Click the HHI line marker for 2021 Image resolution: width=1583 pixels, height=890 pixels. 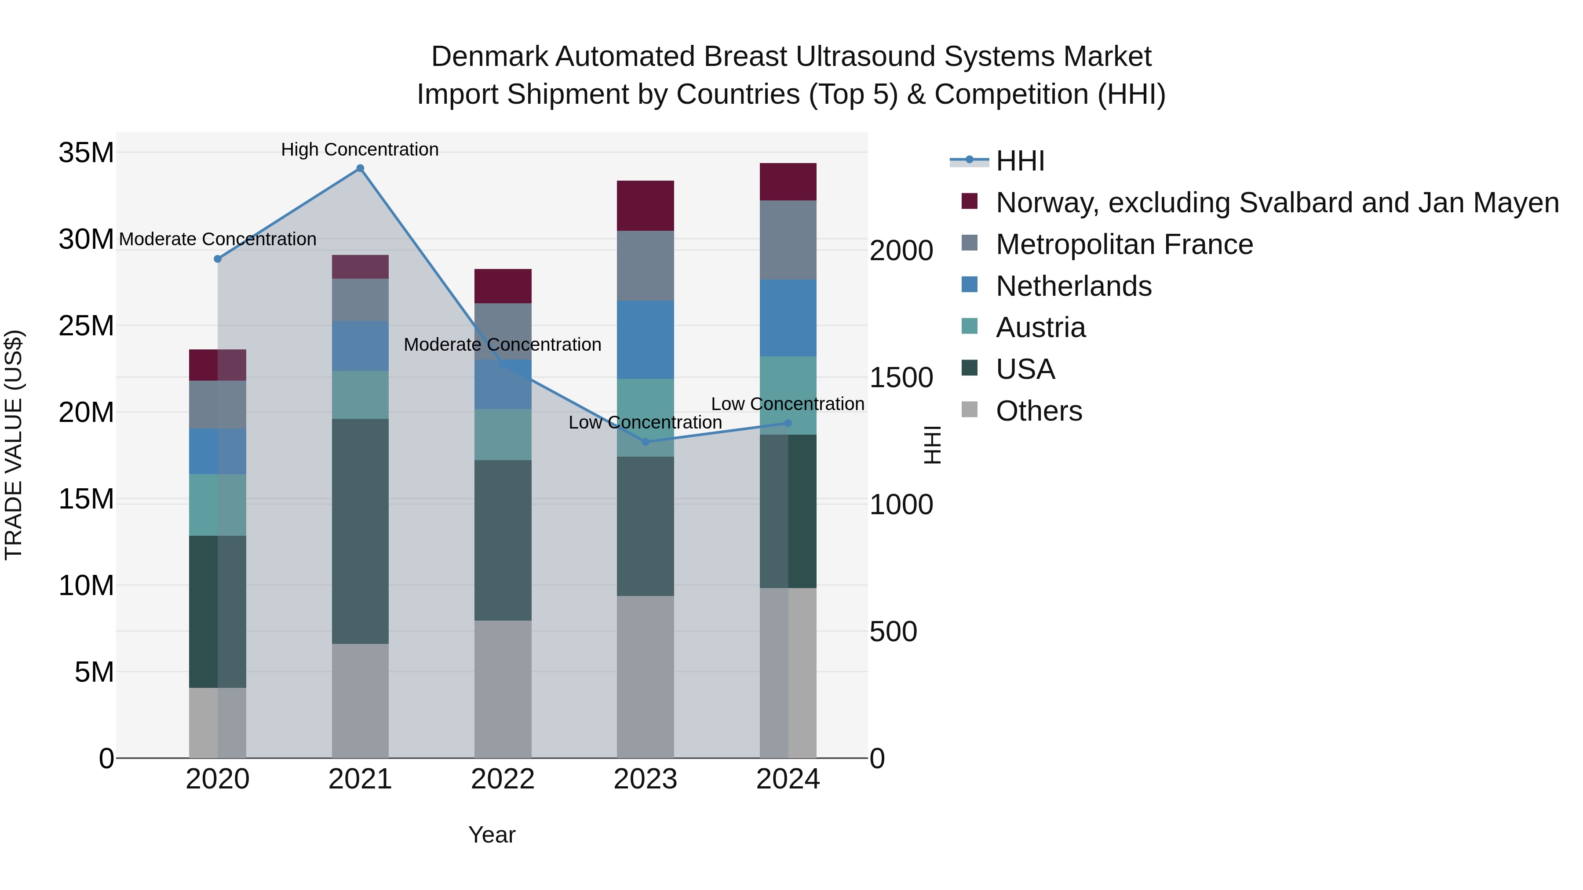point(360,168)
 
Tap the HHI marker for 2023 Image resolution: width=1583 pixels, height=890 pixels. point(645,442)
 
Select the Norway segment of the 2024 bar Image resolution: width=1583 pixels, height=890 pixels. point(788,182)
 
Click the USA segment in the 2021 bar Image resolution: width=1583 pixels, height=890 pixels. point(360,531)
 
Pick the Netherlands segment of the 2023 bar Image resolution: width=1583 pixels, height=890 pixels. point(645,340)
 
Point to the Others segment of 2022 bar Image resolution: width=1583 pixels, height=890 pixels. point(503,689)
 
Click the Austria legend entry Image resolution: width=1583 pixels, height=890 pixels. point(1040,327)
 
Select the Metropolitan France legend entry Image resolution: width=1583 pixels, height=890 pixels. point(1124,244)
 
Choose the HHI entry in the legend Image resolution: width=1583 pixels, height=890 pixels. point(1020,161)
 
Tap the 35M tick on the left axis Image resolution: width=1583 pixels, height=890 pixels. point(86,153)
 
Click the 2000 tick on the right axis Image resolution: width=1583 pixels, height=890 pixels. point(901,251)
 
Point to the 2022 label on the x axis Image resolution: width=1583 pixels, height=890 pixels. point(503,779)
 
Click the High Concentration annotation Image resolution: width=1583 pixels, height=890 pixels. point(360,149)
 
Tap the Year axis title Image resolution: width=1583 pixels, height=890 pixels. point(492,835)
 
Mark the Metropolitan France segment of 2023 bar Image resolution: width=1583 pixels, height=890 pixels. point(645,266)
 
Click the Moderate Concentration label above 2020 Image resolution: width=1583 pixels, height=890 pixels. point(218,239)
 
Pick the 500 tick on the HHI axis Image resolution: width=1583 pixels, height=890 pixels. point(893,632)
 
